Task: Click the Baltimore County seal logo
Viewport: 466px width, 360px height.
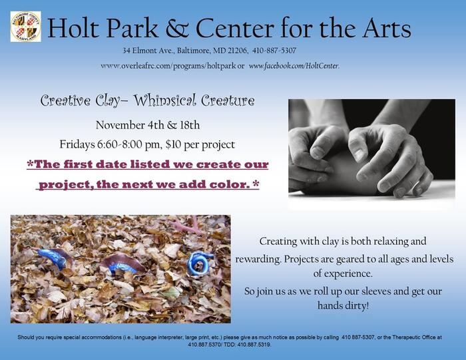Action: click(26, 27)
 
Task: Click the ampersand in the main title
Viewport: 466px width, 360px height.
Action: click(177, 28)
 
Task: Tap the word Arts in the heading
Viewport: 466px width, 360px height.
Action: click(386, 28)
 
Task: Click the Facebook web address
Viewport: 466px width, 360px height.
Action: click(294, 66)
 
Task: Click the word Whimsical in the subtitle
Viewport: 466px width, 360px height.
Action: click(164, 100)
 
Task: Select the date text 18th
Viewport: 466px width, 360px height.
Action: click(190, 125)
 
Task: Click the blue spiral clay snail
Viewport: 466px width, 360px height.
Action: click(198, 264)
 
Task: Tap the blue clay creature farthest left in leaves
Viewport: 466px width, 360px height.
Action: click(53, 258)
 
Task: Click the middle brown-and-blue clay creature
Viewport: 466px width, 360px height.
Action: click(123, 264)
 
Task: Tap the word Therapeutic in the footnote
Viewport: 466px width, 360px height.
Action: click(405, 337)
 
